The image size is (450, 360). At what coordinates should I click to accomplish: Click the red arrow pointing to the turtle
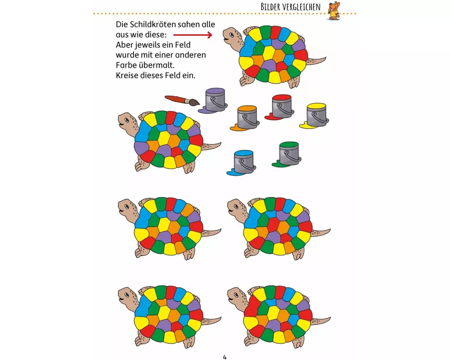tap(193, 35)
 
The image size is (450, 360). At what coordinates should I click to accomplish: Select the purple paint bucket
tap(214, 100)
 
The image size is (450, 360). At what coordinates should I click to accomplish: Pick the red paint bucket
tap(282, 107)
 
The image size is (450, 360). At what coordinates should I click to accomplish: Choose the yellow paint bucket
tap(317, 115)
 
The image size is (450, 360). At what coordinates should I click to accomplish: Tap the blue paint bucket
tap(243, 162)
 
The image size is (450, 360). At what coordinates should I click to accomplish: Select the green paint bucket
tap(288, 154)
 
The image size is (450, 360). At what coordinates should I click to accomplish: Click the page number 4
tap(225, 357)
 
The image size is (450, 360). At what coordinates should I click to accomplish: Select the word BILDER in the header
tap(273, 7)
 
